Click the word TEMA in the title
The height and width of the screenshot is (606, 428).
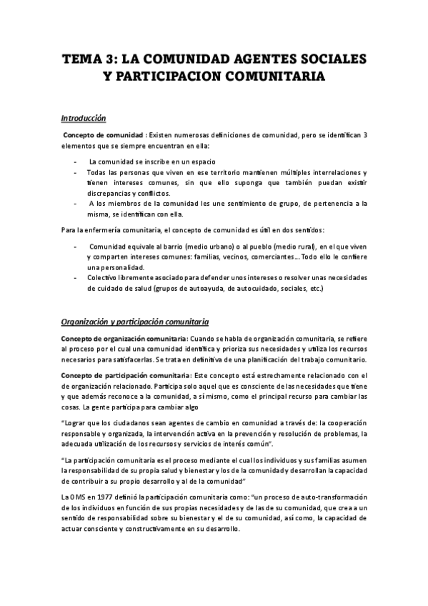(x=81, y=56)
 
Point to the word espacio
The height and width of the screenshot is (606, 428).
(x=201, y=162)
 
